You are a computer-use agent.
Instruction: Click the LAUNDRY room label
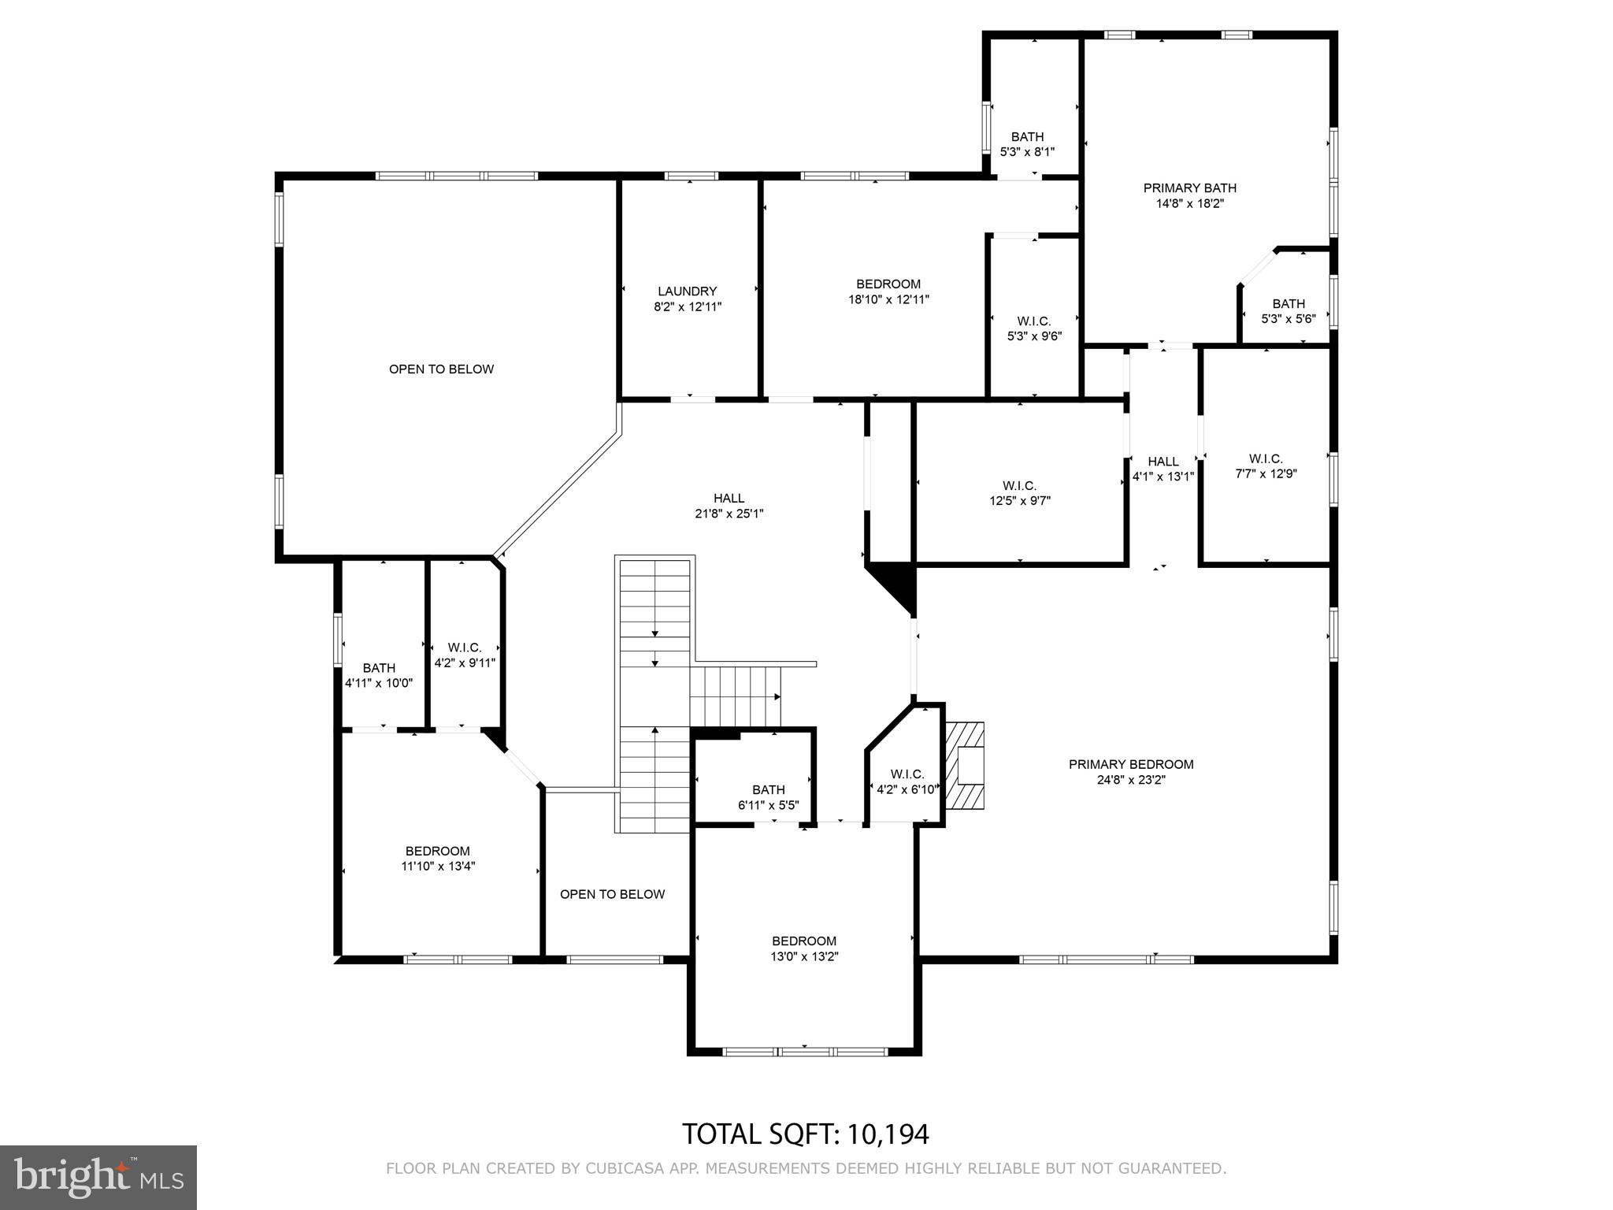tap(687, 291)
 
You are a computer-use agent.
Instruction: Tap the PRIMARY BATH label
tap(1189, 188)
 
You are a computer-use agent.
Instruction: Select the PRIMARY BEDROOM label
tap(1130, 764)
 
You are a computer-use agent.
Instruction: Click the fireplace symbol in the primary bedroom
tap(966, 765)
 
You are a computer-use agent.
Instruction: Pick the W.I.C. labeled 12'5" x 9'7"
tap(1019, 493)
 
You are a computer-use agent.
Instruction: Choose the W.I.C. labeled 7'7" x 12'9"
tap(1266, 466)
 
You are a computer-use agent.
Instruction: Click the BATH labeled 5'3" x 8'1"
tap(1027, 144)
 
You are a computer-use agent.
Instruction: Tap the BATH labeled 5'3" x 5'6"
tap(1289, 311)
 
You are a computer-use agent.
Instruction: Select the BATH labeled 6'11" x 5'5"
tap(768, 797)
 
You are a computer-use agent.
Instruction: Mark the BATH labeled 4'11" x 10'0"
tap(379, 676)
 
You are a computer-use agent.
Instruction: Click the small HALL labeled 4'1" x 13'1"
tap(1163, 469)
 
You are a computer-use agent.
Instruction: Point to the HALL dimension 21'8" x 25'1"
tap(729, 514)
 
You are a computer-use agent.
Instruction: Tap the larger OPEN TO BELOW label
tap(441, 369)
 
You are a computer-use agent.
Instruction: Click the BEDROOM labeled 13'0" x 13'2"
tap(803, 948)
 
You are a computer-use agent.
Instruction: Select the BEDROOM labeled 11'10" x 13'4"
tap(438, 859)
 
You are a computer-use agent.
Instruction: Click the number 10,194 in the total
tap(888, 1134)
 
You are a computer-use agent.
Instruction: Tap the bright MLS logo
tap(98, 1177)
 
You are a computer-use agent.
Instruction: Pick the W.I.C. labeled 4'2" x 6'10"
tap(907, 781)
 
